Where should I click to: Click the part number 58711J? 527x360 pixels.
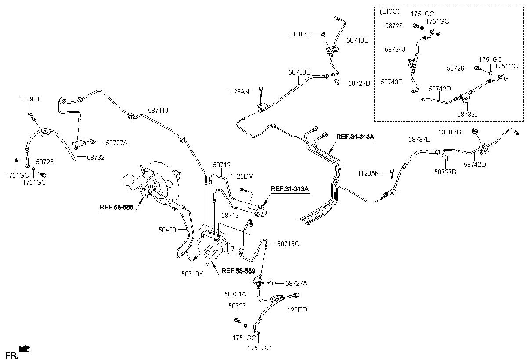[158, 111]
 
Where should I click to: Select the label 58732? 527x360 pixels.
[95, 157]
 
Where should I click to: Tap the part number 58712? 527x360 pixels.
[222, 165]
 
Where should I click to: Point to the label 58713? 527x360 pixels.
[230, 215]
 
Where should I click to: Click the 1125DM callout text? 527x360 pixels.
[242, 176]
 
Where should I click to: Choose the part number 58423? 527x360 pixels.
[167, 229]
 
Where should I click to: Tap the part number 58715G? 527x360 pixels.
[288, 244]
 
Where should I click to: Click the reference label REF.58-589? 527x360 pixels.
[238, 271]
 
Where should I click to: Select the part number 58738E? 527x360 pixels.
[300, 72]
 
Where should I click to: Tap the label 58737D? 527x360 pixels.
[419, 139]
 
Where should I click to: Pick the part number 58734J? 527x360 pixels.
[395, 50]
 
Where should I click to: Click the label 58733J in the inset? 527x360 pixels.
[467, 114]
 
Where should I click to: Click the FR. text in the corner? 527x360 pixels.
[11, 354]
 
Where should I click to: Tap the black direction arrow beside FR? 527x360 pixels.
[25, 349]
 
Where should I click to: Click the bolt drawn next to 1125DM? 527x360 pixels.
[243, 190]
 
